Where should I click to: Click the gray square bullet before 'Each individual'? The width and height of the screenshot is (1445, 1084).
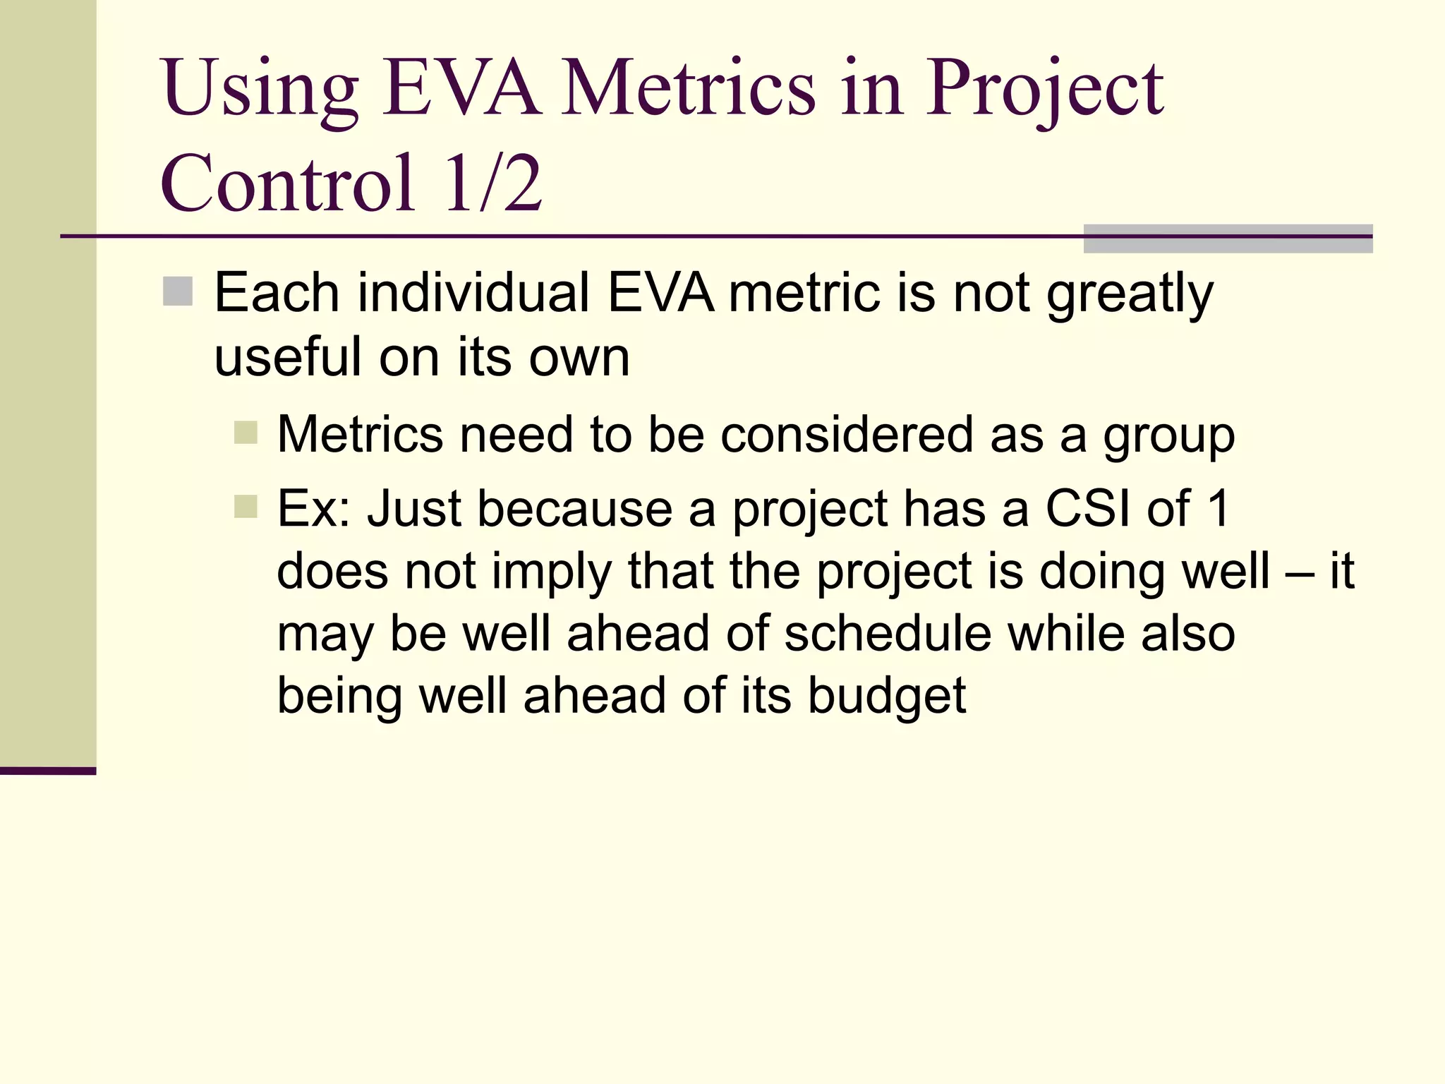178,291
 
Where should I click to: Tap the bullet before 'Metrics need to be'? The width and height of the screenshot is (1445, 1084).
246,433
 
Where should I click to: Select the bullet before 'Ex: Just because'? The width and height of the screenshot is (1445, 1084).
246,506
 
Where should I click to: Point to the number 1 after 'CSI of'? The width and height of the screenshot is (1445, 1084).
1219,508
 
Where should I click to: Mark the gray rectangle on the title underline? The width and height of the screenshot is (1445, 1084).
1228,239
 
